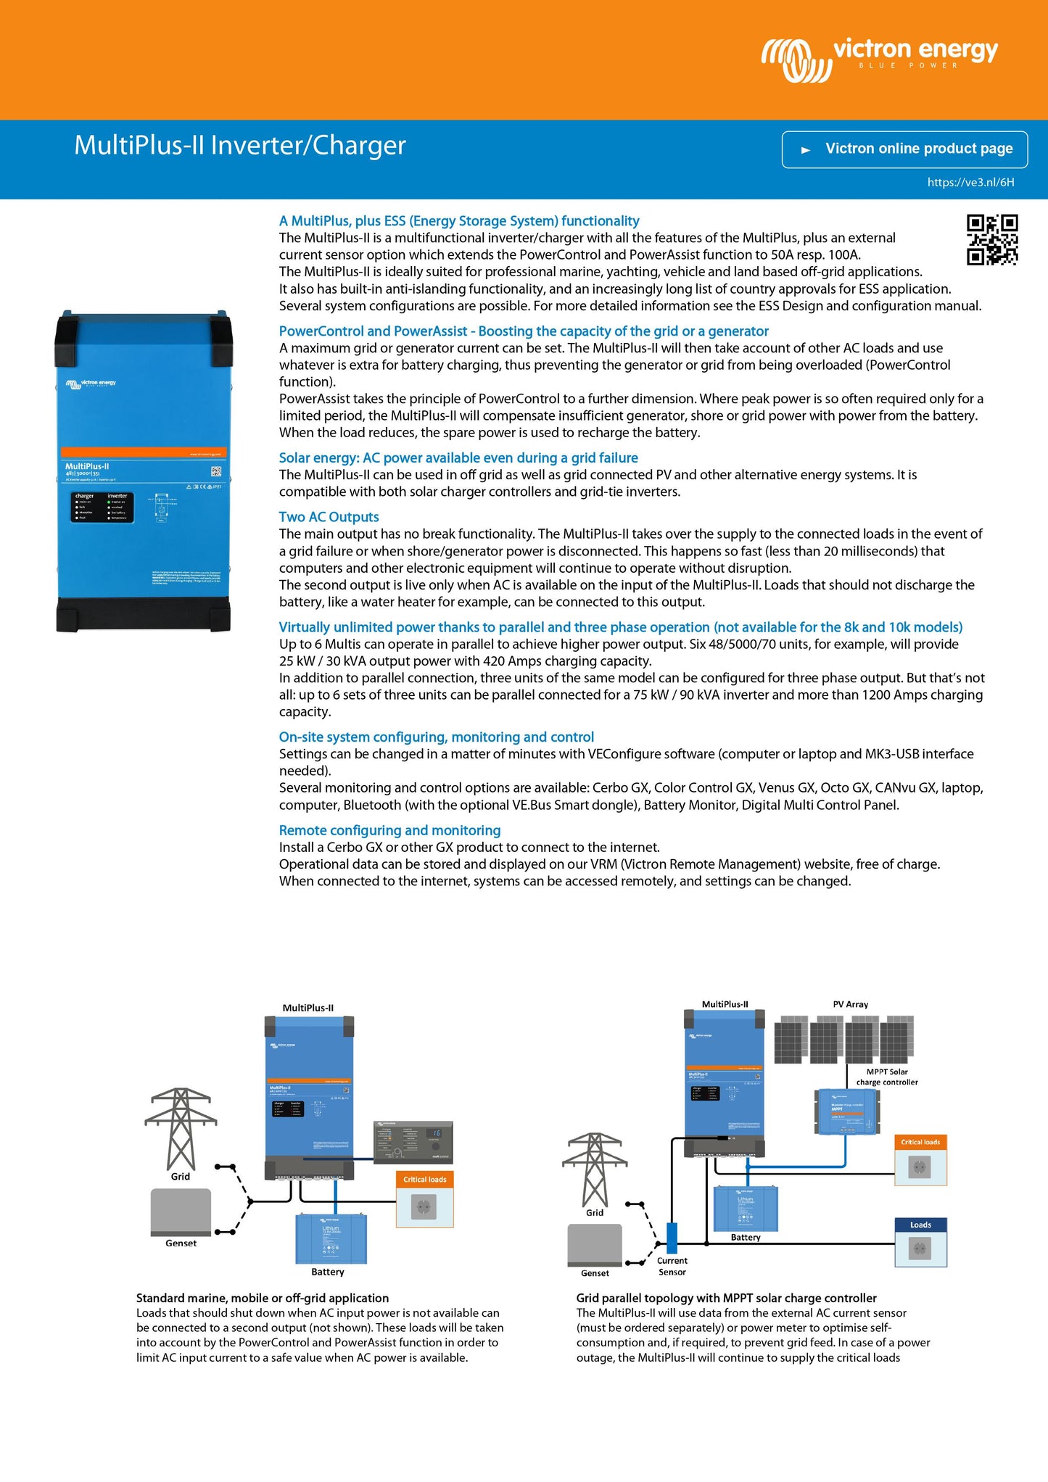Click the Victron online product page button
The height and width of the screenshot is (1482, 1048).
[x=904, y=149]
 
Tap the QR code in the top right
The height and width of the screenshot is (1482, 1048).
[x=991, y=239]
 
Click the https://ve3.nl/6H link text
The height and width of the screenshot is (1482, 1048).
[x=970, y=183]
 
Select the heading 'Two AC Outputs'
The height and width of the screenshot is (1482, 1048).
[x=329, y=517]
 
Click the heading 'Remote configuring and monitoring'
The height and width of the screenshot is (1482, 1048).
[x=389, y=830]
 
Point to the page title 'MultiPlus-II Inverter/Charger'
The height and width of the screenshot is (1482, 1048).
[x=239, y=145]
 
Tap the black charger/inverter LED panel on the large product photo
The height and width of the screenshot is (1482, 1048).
[x=102, y=507]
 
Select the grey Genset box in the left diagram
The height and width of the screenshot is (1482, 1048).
[x=181, y=1212]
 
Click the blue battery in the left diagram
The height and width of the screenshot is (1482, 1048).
[x=331, y=1239]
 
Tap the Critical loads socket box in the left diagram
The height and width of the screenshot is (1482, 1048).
[x=424, y=1199]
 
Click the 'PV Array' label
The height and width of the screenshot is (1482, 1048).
[x=850, y=1004]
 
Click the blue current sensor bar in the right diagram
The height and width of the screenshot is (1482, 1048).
[x=672, y=1238]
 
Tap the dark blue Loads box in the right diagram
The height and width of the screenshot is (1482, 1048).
[x=920, y=1241]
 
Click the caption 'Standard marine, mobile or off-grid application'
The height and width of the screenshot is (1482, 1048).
[x=263, y=1298]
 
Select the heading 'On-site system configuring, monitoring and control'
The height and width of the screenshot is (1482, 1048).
[x=436, y=737]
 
